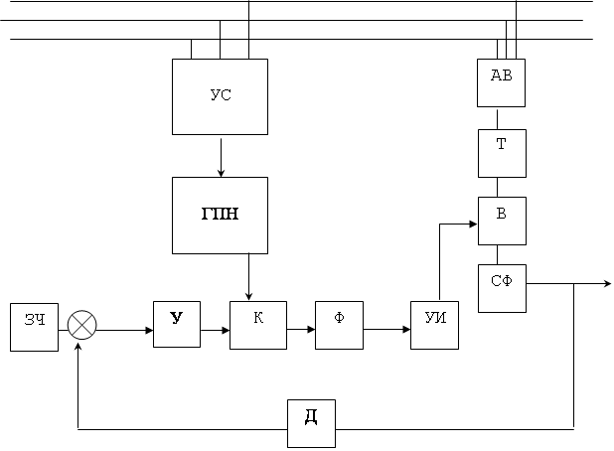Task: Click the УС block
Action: tap(221, 96)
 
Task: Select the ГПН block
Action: tap(221, 216)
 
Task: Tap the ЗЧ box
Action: tap(34, 327)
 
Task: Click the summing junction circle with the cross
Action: tap(81, 325)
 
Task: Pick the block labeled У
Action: tap(177, 324)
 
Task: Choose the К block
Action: tap(258, 325)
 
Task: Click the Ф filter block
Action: tap(339, 325)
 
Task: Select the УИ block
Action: tap(434, 325)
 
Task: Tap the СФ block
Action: tap(502, 288)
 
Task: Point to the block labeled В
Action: tap(502, 221)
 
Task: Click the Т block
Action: tap(502, 153)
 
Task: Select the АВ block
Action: tap(501, 82)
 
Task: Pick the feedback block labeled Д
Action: tap(311, 423)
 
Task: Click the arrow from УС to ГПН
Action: tap(221, 157)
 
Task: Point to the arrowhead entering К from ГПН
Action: tap(248, 296)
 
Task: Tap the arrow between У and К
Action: tap(215, 331)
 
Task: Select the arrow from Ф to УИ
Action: tap(386, 330)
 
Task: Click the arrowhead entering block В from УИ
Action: tap(474, 224)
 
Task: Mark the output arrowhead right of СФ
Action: tap(608, 283)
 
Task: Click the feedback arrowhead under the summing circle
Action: tap(78, 347)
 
